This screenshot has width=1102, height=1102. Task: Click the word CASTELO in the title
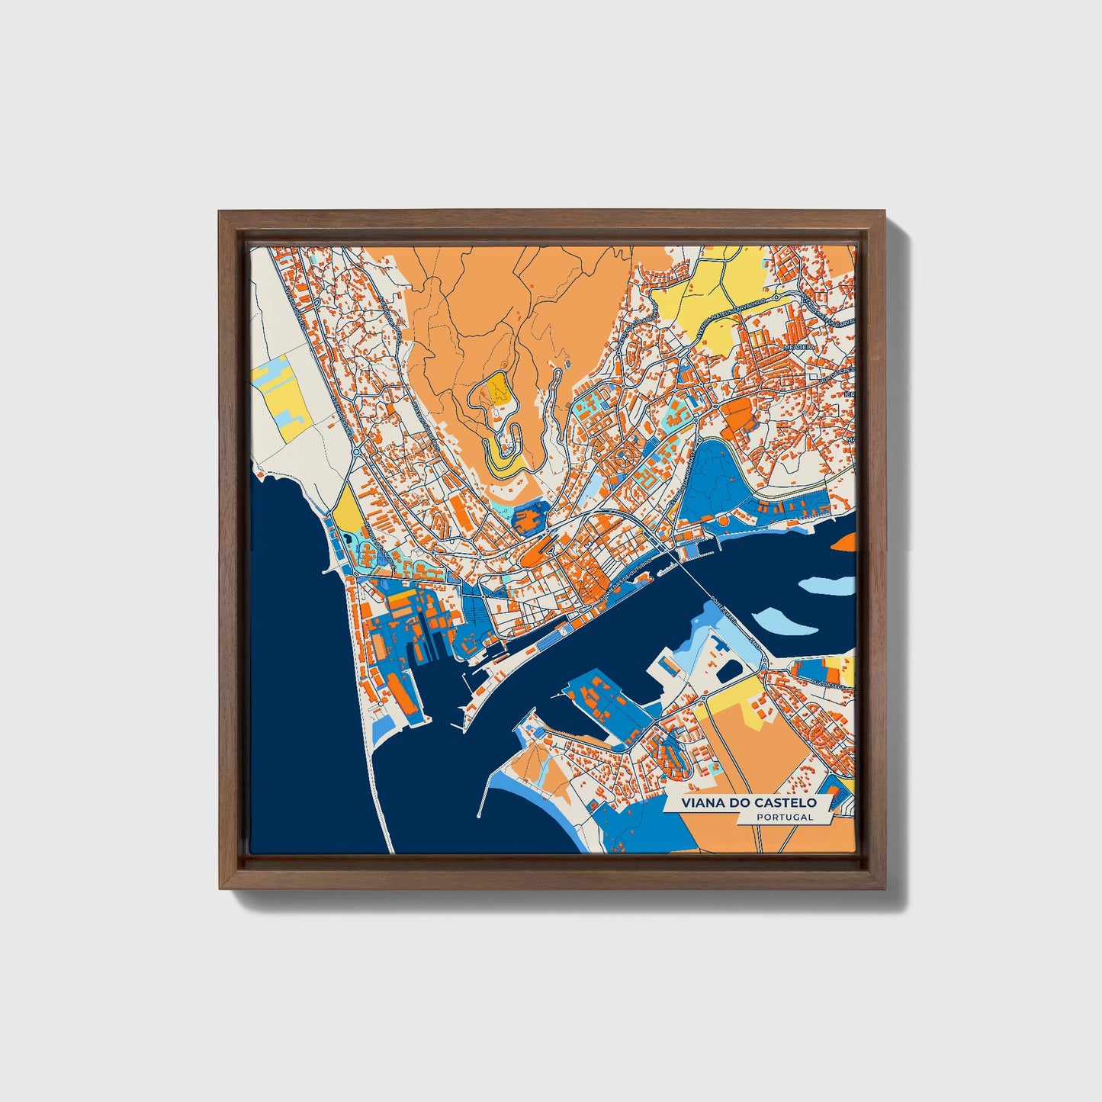(x=785, y=803)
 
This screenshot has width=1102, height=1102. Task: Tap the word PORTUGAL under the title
(x=785, y=818)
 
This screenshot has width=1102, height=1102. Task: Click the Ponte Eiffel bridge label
(x=721, y=606)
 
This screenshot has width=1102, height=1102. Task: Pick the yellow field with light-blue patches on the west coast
(x=281, y=400)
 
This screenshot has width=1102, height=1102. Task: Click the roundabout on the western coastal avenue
(x=355, y=452)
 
